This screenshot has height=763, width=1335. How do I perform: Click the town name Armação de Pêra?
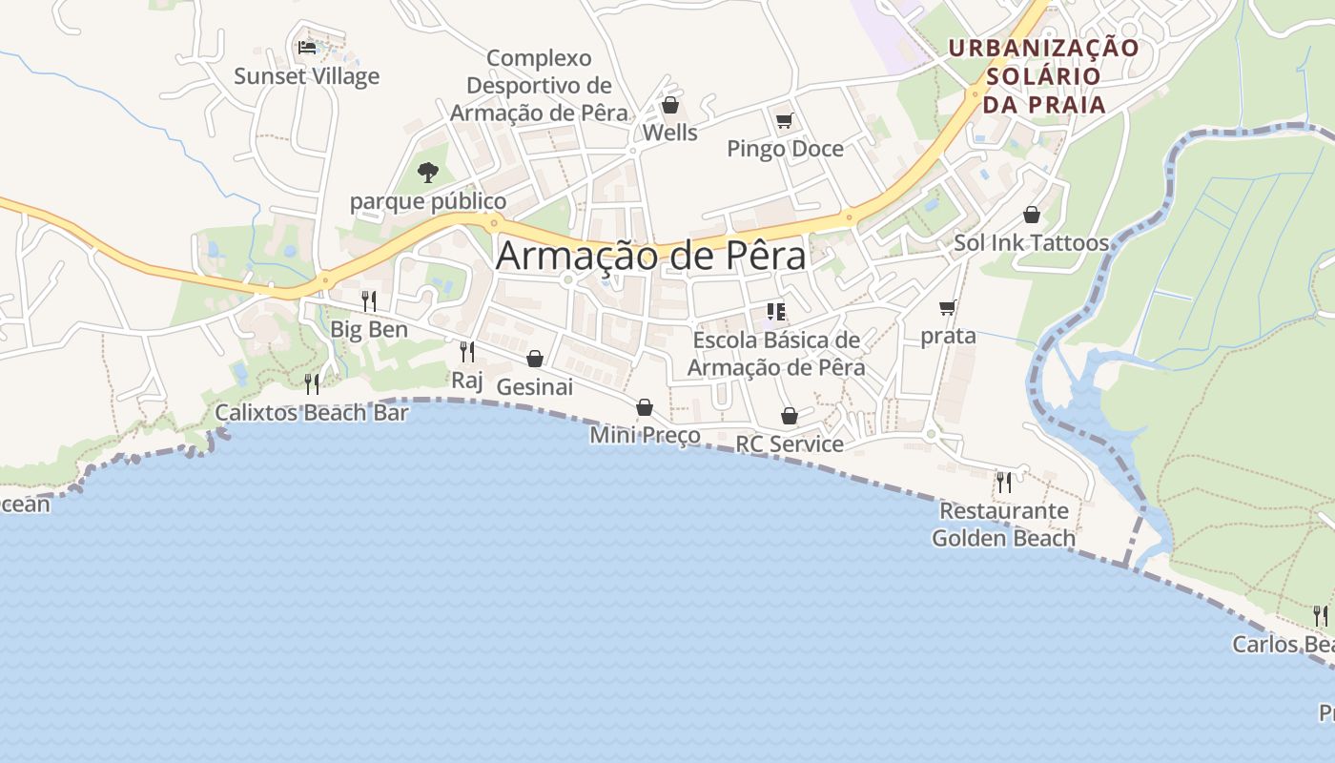[650, 256]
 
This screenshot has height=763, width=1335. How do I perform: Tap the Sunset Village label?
[306, 76]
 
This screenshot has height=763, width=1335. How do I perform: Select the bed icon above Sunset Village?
[306, 47]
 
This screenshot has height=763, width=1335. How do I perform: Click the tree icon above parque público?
[428, 173]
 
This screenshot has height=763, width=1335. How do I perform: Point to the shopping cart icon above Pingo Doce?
[784, 120]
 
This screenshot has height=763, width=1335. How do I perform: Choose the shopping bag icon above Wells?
[670, 105]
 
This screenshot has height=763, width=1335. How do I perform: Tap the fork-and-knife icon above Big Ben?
[368, 301]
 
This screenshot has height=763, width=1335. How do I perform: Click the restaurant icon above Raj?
[466, 352]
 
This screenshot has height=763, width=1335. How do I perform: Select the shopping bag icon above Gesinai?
[535, 359]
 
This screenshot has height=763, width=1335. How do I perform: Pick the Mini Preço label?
[645, 436]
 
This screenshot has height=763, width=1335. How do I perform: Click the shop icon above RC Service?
[790, 416]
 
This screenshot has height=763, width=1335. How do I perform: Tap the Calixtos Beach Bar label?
[311, 413]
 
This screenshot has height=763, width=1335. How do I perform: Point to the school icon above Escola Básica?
[775, 312]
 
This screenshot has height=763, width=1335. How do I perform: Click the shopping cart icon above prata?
[947, 307]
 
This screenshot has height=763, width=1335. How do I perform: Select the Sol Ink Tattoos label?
[1031, 243]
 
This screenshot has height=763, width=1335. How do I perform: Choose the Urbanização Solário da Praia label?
[1043, 75]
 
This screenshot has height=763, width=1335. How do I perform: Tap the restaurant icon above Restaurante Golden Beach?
[1003, 483]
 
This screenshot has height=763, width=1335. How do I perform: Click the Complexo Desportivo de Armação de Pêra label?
[539, 86]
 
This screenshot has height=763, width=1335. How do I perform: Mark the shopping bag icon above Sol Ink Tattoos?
[1031, 215]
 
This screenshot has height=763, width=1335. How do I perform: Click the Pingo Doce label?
[785, 149]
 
